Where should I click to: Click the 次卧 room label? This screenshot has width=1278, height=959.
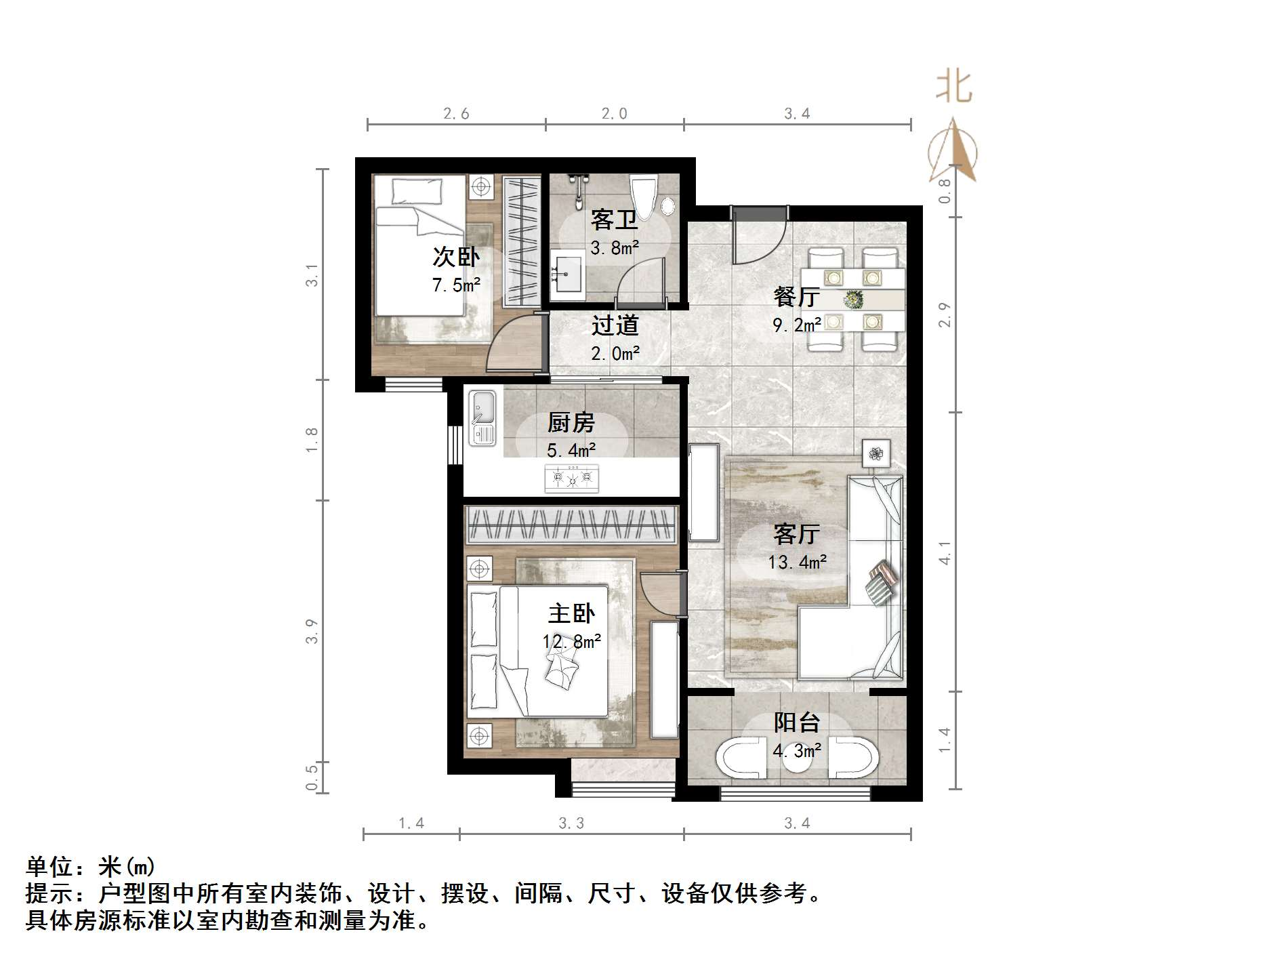pyautogui.click(x=455, y=258)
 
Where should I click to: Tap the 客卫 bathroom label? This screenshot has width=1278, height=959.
pyautogui.click(x=613, y=220)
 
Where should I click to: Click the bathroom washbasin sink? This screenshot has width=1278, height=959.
pyautogui.click(x=568, y=274)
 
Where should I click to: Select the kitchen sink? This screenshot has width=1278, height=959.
pyautogui.click(x=482, y=417)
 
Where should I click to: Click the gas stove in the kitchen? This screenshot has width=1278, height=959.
pyautogui.click(x=571, y=478)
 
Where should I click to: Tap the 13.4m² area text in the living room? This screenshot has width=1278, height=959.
pyautogui.click(x=797, y=563)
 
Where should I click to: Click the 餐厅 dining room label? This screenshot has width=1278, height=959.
pyautogui.click(x=796, y=297)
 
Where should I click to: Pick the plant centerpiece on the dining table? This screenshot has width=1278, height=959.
pyautogui.click(x=853, y=298)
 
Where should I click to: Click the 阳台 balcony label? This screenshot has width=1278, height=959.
pyautogui.click(x=797, y=723)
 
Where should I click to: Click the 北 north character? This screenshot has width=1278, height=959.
pyautogui.click(x=954, y=87)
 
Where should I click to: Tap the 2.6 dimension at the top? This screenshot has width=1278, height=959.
pyautogui.click(x=456, y=114)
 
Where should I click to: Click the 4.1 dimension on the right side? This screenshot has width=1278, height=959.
pyautogui.click(x=945, y=552)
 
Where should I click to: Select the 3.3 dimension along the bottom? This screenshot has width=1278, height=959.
pyautogui.click(x=571, y=823)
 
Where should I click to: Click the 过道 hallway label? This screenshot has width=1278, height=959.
pyautogui.click(x=615, y=326)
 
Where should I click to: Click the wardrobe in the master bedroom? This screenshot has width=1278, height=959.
pyautogui.click(x=571, y=524)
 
